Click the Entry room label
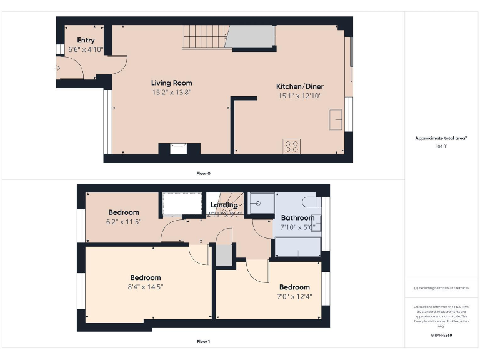click(86, 41)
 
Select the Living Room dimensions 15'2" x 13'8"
click(171, 92)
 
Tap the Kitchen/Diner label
click(300, 86)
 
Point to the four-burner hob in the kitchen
click(291, 146)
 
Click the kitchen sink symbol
click(336, 119)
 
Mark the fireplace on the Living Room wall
click(179, 149)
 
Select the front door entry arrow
click(57, 67)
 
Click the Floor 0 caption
click(203, 172)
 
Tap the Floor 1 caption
click(203, 342)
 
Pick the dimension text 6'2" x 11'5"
click(123, 221)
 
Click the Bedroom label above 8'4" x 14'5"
click(145, 277)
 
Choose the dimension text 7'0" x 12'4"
click(294, 297)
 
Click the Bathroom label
click(297, 218)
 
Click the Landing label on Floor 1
click(224, 205)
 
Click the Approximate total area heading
click(441, 138)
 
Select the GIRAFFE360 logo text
click(441, 336)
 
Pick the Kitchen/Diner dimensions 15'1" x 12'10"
click(300, 96)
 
